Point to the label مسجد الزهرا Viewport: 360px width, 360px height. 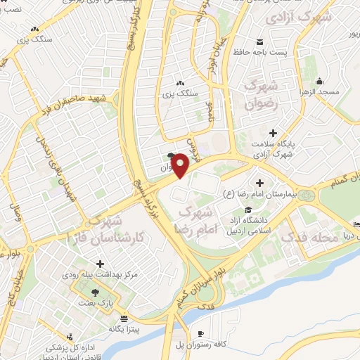coord(320,92)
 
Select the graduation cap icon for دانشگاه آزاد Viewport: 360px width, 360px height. coord(247,210)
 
